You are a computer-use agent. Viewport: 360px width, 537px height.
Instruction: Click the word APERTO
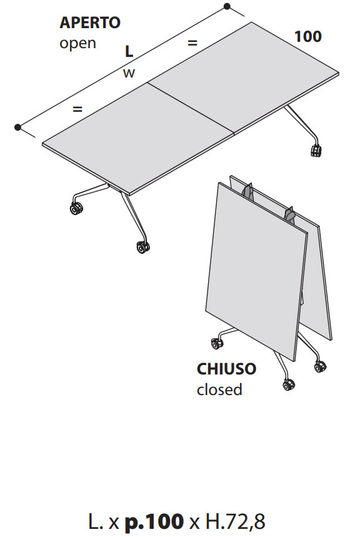click(x=90, y=23)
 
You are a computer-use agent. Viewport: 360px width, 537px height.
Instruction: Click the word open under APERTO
click(x=77, y=44)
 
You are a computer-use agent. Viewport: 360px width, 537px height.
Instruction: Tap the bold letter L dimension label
click(x=129, y=51)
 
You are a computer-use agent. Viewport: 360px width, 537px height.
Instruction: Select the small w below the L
click(x=129, y=73)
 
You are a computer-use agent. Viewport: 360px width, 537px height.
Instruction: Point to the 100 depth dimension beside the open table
click(x=308, y=36)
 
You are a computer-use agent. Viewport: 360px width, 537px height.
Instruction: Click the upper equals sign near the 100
click(x=192, y=43)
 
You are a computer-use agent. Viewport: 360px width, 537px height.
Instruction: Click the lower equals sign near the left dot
click(x=77, y=109)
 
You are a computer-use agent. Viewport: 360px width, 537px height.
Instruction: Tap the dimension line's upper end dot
click(x=227, y=6)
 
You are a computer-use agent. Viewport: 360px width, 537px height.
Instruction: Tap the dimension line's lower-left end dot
click(x=17, y=127)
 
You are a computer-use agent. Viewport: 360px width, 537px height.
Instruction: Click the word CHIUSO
click(x=226, y=369)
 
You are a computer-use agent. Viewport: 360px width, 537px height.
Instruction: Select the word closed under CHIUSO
click(x=219, y=389)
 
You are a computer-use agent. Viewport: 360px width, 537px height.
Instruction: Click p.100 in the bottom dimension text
click(x=154, y=521)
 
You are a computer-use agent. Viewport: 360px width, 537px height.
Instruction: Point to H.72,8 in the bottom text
click(x=236, y=521)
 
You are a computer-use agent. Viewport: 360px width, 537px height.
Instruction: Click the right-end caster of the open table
click(x=316, y=150)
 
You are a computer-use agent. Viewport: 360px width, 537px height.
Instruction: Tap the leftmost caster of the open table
click(x=76, y=209)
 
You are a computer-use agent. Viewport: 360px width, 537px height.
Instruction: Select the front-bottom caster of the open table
click(x=142, y=247)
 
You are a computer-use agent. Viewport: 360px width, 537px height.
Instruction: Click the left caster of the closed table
click(x=217, y=343)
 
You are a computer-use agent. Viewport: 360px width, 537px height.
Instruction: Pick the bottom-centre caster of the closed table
click(x=289, y=384)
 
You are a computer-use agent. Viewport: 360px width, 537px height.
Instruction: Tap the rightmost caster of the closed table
click(x=320, y=366)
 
